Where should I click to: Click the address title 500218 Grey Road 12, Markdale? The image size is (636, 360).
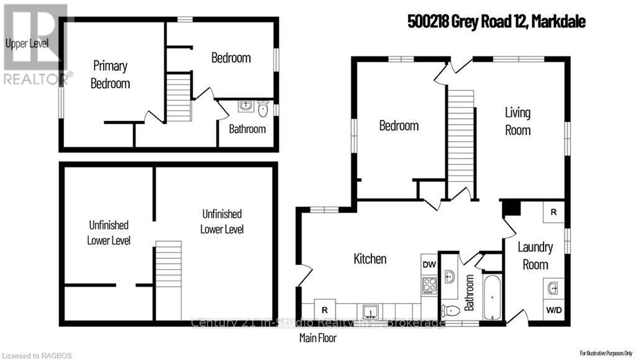point(496,22)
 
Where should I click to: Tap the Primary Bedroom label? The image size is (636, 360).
point(110,74)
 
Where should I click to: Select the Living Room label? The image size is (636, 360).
point(517,121)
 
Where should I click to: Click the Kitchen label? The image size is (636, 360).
point(370,259)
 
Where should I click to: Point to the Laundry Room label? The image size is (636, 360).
point(535,256)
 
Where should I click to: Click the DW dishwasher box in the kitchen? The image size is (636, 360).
point(429,264)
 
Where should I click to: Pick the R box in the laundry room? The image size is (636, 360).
point(553,212)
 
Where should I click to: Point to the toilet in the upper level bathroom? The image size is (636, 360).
point(263,109)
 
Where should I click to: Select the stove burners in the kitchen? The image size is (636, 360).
point(429,286)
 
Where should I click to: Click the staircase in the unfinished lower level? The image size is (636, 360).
point(168,280)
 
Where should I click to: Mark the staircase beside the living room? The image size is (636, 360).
point(461,143)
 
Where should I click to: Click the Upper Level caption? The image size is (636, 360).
point(26,43)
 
